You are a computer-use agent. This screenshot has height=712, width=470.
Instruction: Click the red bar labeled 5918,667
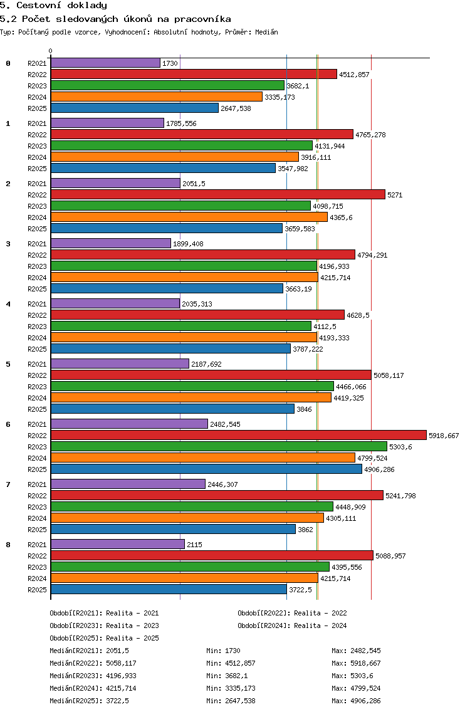239,436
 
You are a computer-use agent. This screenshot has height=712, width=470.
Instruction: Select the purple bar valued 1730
105,63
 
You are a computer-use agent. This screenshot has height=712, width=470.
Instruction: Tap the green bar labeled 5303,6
219,447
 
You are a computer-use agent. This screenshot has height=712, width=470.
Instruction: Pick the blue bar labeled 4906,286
207,469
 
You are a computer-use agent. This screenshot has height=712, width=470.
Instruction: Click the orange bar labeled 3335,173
157,97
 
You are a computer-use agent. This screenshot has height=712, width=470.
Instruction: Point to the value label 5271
395,196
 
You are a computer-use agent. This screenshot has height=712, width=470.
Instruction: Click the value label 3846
305,409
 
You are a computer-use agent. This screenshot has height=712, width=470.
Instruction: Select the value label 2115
195,545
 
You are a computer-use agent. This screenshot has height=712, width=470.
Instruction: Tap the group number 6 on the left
8,424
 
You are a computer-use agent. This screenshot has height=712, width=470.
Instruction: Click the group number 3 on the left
8,244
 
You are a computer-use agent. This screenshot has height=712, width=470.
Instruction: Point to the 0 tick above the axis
50,51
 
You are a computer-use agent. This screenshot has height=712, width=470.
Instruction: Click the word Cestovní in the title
39,6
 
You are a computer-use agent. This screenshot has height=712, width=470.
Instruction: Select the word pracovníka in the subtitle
202,19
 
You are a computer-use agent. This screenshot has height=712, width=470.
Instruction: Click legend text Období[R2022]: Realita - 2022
292,614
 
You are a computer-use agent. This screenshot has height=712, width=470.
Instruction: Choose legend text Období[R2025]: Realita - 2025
105,639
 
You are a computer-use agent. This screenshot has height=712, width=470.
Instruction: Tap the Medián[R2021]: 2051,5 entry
90,651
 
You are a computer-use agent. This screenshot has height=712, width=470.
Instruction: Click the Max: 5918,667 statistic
356,663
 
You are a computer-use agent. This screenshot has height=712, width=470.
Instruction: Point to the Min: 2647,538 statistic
231,701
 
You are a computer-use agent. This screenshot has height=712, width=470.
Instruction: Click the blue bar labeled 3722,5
169,590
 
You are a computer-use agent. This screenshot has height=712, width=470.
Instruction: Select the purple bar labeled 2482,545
130,424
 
